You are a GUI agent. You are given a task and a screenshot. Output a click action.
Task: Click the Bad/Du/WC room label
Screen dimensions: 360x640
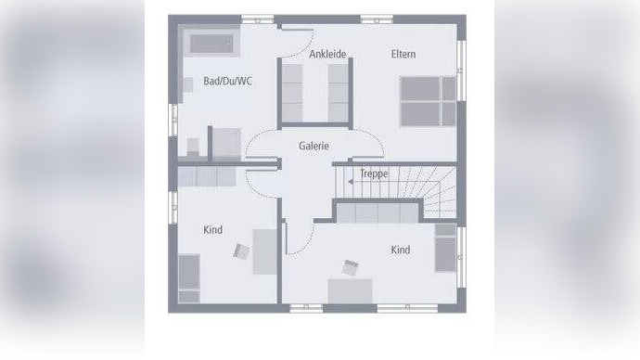(x=227, y=82)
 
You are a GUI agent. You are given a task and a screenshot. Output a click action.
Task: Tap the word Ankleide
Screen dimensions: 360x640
(x=327, y=54)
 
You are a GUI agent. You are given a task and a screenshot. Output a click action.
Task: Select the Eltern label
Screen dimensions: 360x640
(x=403, y=54)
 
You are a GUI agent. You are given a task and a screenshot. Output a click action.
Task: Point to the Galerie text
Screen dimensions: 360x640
(x=314, y=146)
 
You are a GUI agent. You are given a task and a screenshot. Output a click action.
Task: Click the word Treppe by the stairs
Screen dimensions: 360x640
(x=374, y=174)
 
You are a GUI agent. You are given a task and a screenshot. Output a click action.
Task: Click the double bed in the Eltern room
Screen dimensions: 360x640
(x=428, y=100)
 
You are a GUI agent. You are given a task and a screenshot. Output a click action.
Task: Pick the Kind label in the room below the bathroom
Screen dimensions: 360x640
(x=212, y=230)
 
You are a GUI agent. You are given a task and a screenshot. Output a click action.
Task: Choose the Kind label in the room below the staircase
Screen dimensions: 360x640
(x=400, y=251)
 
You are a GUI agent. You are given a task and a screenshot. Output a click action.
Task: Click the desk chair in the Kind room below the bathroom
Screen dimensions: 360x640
(x=242, y=249)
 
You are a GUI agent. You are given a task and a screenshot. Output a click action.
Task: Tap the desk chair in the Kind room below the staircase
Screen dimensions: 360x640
(x=352, y=267)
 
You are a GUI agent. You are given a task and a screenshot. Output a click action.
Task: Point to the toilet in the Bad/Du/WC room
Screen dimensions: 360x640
(x=194, y=146)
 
